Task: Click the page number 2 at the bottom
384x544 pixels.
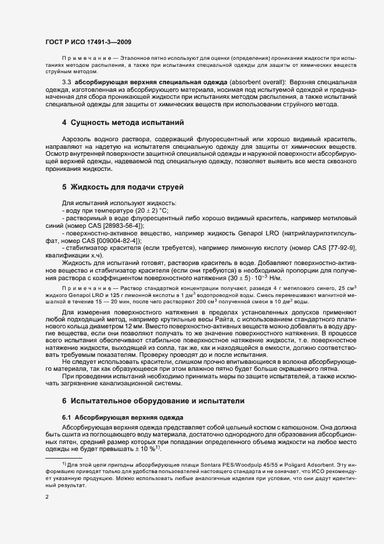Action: tap(46, 498)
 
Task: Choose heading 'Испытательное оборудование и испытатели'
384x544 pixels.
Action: tap(154, 401)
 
